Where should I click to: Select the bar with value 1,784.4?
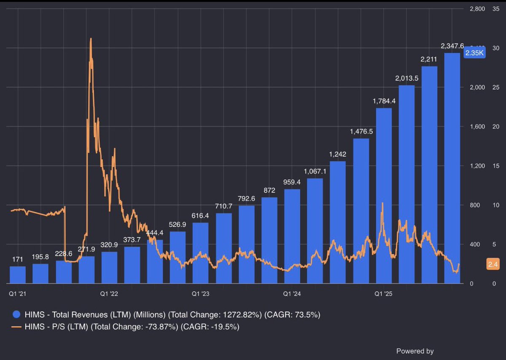[x=384, y=196]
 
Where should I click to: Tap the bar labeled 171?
[x=18, y=275]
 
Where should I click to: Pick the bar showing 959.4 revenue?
[x=292, y=236]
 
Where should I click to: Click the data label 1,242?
[x=338, y=154]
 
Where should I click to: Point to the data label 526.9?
[x=178, y=224]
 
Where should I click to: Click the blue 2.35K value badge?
[x=474, y=53]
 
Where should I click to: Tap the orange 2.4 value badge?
[x=493, y=264]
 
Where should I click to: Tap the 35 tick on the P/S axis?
[x=495, y=8]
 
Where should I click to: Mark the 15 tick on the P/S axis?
[x=495, y=166]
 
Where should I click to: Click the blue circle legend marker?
[x=16, y=314]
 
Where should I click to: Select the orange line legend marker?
[x=16, y=327]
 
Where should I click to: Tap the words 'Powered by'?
[x=414, y=351]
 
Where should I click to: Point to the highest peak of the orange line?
[x=91, y=39]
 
